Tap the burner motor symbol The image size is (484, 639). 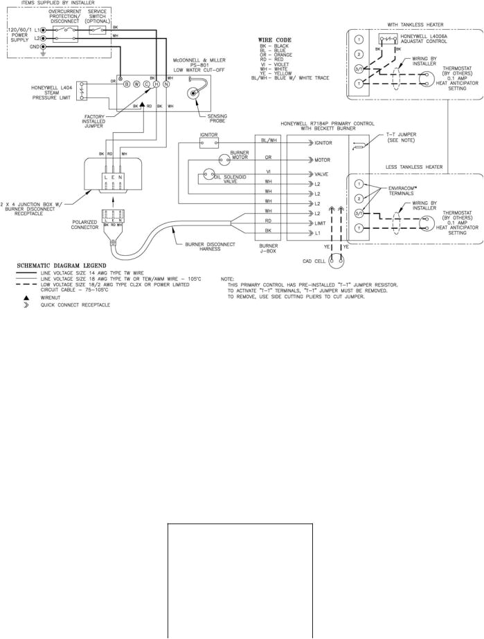pyautogui.click(x=225, y=159)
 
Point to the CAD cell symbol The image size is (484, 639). pyautogui.click(x=337, y=261)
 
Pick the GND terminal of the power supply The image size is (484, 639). pyautogui.click(x=43, y=47)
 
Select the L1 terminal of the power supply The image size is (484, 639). pyautogui.click(x=43, y=30)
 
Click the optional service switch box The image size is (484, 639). pyautogui.click(x=98, y=30)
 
